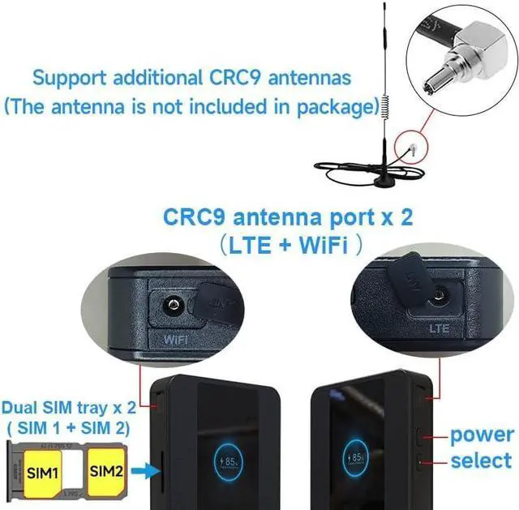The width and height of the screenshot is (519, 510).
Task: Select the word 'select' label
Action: coord(482,461)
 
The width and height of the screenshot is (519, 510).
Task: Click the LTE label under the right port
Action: coord(439,329)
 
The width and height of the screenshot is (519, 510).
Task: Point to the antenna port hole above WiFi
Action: coord(172,306)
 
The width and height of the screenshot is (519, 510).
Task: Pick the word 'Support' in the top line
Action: coord(73,79)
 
